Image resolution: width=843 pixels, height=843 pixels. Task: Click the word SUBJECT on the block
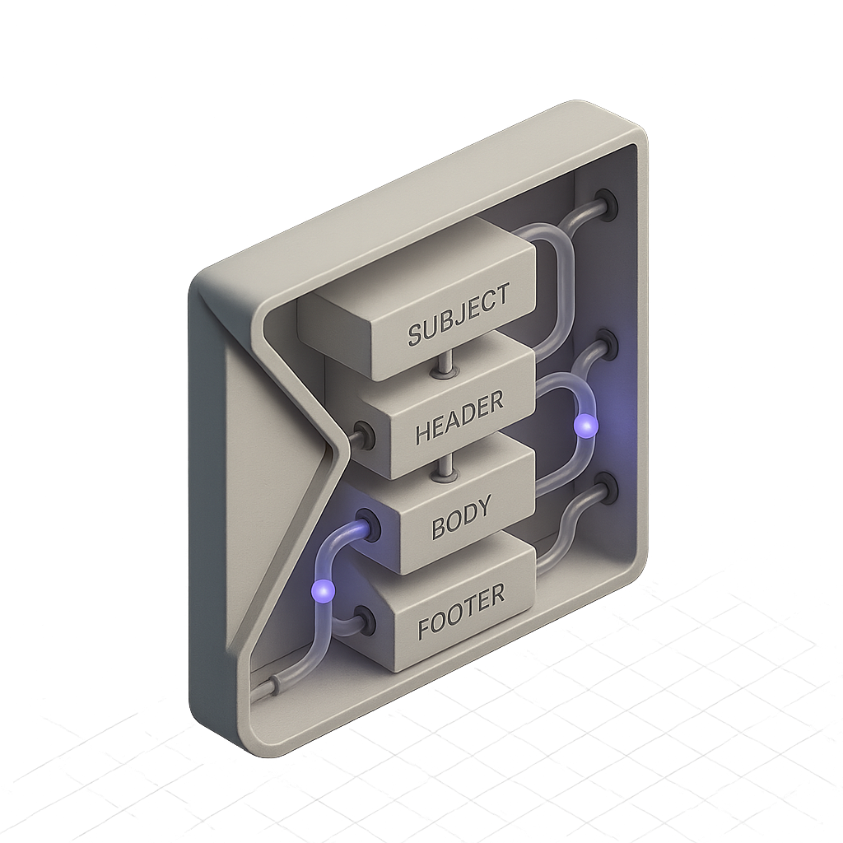click(x=458, y=314)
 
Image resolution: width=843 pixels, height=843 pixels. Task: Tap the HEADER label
click(x=459, y=417)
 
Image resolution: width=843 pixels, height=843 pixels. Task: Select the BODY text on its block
click(x=461, y=517)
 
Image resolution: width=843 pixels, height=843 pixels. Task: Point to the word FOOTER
click(x=461, y=612)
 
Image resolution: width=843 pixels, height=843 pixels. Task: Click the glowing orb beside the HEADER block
click(x=585, y=426)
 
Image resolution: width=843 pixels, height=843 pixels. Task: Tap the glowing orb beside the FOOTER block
click(x=323, y=591)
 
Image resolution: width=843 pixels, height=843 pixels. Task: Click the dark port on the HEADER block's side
click(x=365, y=433)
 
